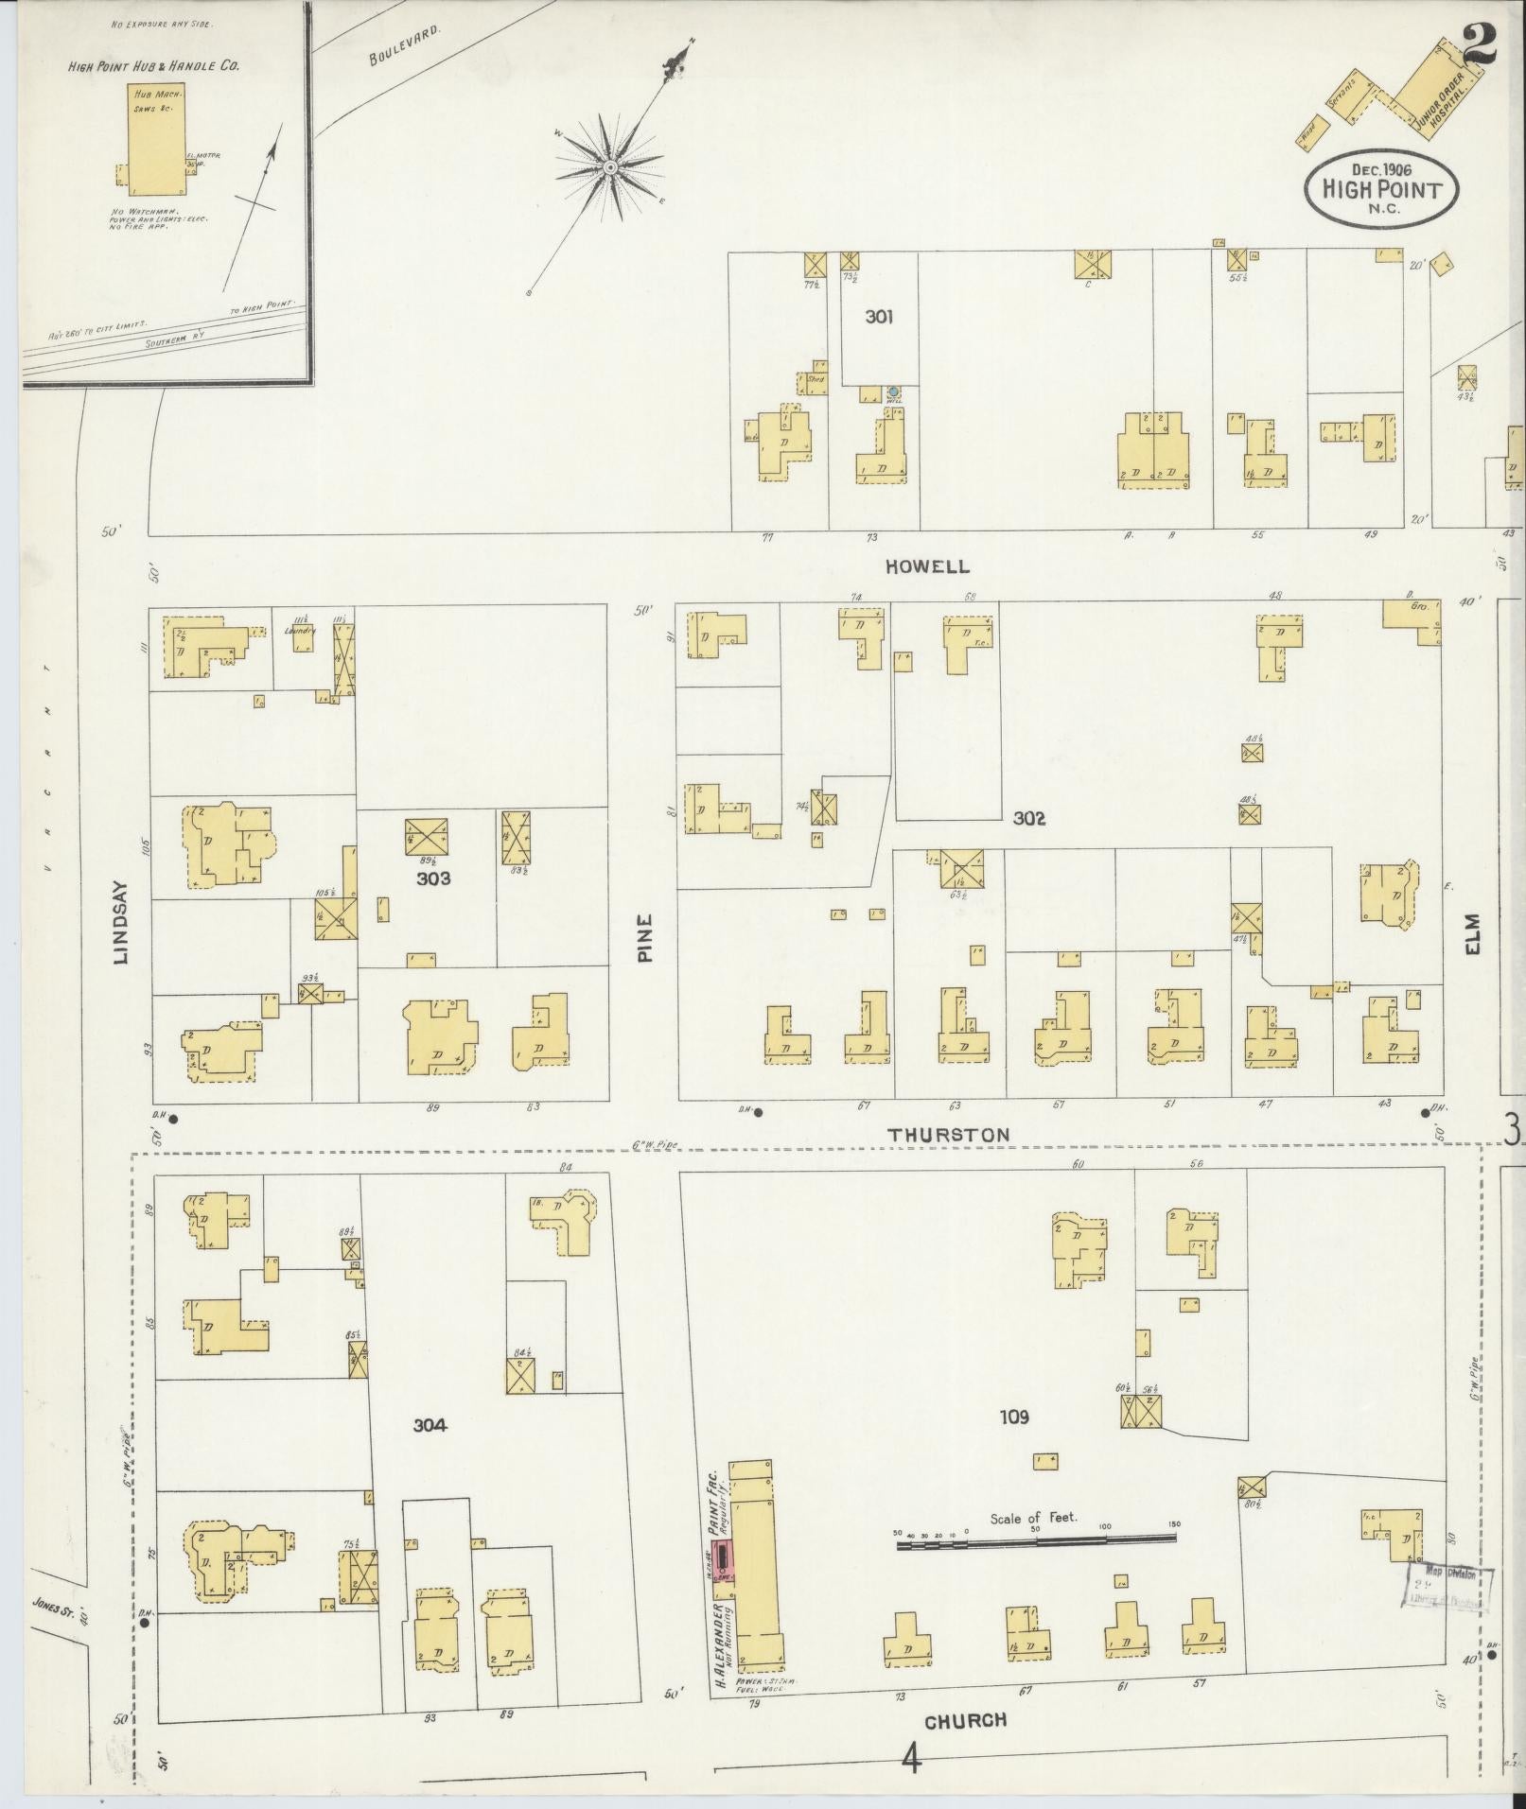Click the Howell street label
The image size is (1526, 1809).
click(927, 566)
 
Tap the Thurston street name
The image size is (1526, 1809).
click(948, 1135)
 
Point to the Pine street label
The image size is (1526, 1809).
click(645, 937)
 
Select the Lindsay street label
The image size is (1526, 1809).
click(120, 931)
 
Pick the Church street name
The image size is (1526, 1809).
click(965, 1720)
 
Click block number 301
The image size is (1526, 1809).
click(879, 318)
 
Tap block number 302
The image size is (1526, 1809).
click(1028, 818)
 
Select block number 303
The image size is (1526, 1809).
click(432, 878)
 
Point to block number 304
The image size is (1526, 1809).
click(430, 1425)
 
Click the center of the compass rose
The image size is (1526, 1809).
click(611, 168)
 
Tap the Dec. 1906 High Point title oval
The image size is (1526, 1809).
click(1380, 188)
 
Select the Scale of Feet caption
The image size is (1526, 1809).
click(1034, 1519)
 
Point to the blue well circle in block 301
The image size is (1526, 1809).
click(892, 391)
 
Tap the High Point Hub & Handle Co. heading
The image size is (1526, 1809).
click(153, 66)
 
